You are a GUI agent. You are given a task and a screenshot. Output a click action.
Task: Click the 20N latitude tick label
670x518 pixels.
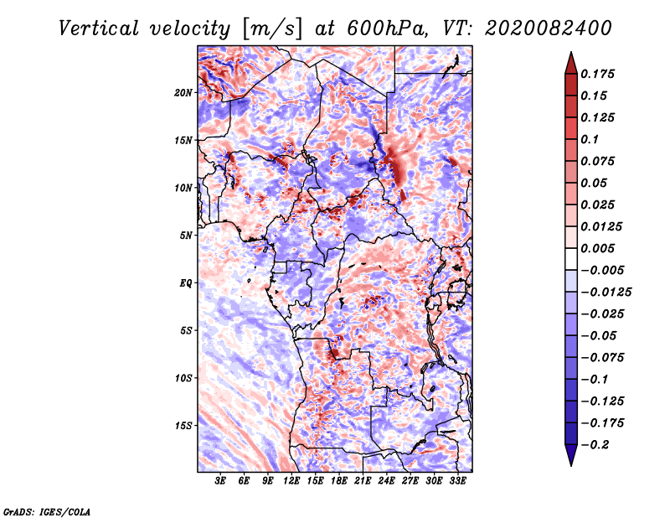(x=183, y=93)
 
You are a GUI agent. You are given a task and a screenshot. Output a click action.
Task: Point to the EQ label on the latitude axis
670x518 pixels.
(x=185, y=283)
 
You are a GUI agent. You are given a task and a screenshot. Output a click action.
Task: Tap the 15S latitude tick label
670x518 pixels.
(x=183, y=426)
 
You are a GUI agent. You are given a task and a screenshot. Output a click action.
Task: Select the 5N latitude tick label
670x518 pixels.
(x=186, y=236)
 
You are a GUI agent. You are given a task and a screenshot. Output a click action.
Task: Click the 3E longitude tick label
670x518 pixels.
(x=220, y=481)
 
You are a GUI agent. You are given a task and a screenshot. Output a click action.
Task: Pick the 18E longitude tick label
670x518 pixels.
(x=339, y=481)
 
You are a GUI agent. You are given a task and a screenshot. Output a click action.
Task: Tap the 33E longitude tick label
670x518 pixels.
(x=457, y=481)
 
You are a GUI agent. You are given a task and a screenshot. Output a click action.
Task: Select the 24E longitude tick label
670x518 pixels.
(x=386, y=481)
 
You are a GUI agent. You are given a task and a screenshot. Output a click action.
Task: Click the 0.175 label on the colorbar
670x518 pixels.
(x=597, y=74)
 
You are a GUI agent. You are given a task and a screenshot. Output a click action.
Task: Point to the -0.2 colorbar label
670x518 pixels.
(x=595, y=445)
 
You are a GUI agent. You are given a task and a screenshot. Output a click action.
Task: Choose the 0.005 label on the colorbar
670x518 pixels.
(x=597, y=248)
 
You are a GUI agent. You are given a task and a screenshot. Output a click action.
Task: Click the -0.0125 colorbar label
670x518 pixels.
(x=606, y=293)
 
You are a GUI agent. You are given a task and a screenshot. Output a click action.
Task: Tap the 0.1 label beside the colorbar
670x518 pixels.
(x=590, y=139)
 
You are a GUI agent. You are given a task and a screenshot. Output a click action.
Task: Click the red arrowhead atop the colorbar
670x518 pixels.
(x=571, y=64)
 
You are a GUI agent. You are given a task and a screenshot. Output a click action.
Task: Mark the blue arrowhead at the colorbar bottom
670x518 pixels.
(x=571, y=455)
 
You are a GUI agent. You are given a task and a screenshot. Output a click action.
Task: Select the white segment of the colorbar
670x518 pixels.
(x=571, y=259)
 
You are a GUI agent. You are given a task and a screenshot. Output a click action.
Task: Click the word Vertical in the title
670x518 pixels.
(x=99, y=28)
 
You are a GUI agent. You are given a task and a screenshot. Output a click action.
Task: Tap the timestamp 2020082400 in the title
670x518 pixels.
(x=549, y=28)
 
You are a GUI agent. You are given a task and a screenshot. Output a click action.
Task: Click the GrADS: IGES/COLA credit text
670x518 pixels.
(x=47, y=512)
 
